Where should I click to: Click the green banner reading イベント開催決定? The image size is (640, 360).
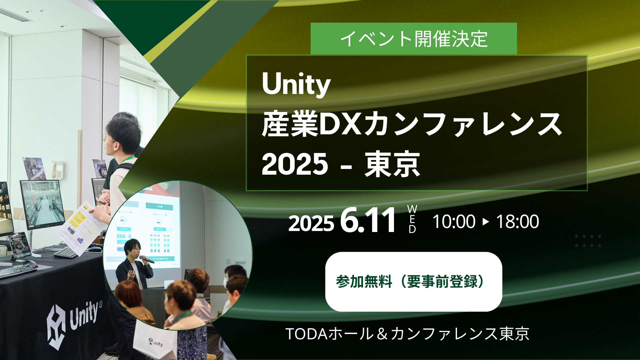(413, 39)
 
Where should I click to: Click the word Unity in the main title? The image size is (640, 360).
(296, 84)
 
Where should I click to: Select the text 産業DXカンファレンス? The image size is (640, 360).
(412, 124)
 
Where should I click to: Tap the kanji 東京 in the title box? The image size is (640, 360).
(392, 164)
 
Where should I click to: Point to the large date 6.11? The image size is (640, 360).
(368, 221)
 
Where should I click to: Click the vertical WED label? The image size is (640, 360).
(412, 219)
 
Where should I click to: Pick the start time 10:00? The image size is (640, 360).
(454, 222)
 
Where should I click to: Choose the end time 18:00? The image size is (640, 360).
(517, 222)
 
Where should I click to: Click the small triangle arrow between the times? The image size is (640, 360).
(486, 222)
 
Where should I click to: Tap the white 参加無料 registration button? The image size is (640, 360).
(413, 282)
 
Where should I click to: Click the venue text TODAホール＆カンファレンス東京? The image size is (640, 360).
(407, 334)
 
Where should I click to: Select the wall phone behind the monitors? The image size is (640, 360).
(58, 169)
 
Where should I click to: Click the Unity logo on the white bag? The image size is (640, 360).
(156, 342)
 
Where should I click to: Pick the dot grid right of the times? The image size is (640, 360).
(588, 241)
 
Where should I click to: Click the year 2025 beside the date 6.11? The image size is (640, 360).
(311, 223)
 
